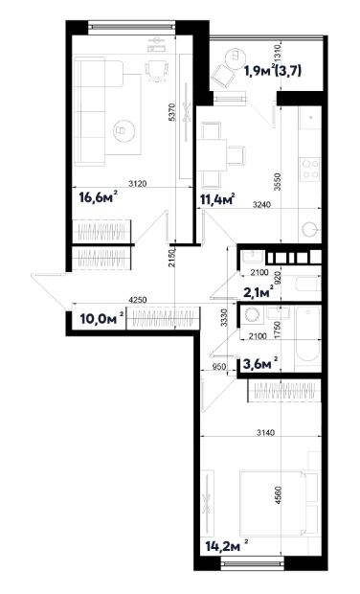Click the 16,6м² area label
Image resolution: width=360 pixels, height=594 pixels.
[x=98, y=197]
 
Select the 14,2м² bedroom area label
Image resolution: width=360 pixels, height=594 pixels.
[x=227, y=546]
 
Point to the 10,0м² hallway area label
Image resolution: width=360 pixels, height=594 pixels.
[x=101, y=319]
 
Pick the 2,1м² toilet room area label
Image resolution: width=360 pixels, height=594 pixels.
[x=260, y=291]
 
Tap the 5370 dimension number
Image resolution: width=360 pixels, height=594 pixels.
[x=172, y=112]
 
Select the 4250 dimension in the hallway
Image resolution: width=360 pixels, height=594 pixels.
[x=137, y=300]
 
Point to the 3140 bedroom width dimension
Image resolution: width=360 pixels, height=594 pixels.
[x=265, y=432]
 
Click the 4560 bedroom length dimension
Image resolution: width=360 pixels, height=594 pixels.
[x=279, y=495]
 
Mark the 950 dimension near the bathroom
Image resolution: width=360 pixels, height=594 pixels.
[x=219, y=367]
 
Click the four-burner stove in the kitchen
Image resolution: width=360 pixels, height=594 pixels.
[x=310, y=169]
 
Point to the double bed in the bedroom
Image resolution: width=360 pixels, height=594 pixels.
[x=273, y=502]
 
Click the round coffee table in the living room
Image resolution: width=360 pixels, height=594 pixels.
[x=124, y=130]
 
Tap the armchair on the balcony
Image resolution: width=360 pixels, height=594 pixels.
[x=223, y=76]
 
